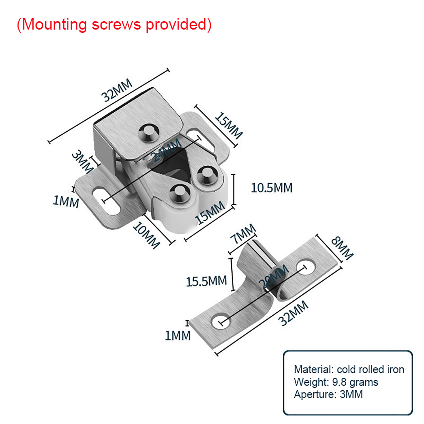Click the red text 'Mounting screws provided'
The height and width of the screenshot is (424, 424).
click(x=114, y=24)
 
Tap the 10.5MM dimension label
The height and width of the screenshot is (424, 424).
click(x=272, y=188)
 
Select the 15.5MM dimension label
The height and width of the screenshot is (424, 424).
click(x=206, y=281)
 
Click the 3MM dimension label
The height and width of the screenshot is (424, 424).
click(x=82, y=161)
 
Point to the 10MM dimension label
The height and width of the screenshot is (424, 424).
click(x=147, y=235)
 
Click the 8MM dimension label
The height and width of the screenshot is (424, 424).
click(x=342, y=248)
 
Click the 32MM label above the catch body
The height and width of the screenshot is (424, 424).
click(x=117, y=90)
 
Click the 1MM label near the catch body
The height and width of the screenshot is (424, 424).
click(x=66, y=201)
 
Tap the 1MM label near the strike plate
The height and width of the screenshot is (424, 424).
click(x=178, y=336)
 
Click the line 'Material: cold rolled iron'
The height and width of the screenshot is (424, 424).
click(x=349, y=369)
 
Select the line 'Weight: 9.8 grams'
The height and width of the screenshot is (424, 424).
click(x=336, y=382)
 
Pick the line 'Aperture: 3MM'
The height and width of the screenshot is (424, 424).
click(x=328, y=394)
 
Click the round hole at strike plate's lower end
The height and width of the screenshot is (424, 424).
click(x=221, y=321)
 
